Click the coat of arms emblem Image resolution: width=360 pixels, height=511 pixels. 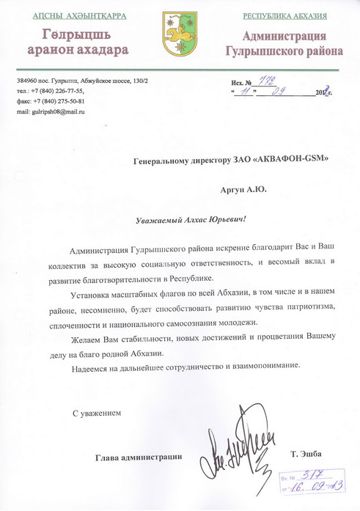179,33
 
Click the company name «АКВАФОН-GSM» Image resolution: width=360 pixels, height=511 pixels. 287,160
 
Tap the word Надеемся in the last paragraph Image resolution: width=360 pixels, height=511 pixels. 95,366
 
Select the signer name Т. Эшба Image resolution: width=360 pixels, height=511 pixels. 306,454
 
